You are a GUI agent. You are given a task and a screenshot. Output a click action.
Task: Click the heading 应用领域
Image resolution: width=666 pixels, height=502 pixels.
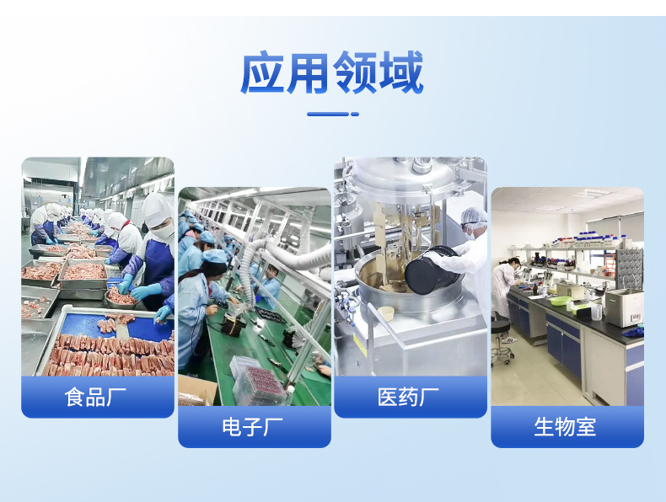click(332, 74)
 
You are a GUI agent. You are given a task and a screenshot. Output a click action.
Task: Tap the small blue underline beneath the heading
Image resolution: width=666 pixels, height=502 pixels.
click(332, 113)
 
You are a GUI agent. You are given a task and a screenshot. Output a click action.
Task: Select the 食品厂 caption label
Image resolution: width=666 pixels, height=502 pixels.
click(97, 397)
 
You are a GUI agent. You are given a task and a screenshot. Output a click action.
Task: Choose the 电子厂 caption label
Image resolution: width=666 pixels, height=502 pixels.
click(254, 426)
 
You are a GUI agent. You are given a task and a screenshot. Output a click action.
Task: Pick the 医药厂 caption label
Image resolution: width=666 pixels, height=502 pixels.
click(410, 397)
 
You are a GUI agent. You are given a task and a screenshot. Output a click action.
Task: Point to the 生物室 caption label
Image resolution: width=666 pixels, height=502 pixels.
click(566, 426)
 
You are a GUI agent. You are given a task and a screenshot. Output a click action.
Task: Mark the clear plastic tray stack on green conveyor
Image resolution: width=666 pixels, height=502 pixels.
click(255, 382)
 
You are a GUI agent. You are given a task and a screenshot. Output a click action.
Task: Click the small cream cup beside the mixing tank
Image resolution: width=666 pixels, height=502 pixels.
click(386, 313)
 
